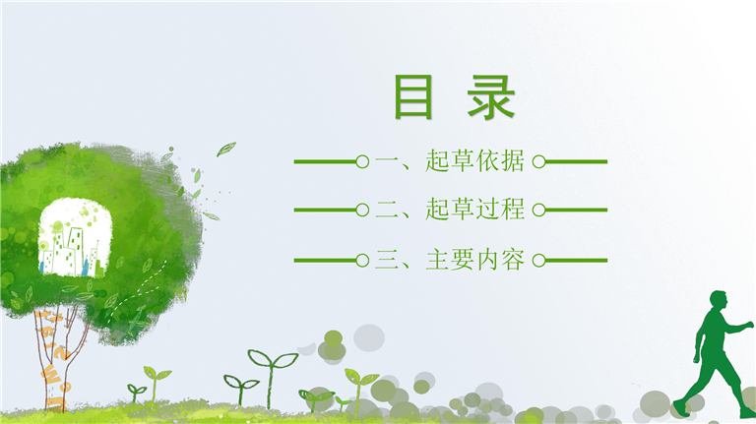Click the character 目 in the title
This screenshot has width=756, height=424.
(413, 96)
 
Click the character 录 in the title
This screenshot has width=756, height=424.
(491, 96)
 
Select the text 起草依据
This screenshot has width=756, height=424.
(474, 161)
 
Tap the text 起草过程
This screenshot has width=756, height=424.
(474, 210)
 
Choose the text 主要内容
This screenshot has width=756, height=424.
(474, 260)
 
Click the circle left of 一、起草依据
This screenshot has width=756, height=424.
(362, 162)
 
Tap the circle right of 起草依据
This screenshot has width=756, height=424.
(539, 162)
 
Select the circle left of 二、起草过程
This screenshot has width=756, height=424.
(362, 211)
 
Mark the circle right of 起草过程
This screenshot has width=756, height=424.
(539, 211)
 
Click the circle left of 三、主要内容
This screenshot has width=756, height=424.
(362, 261)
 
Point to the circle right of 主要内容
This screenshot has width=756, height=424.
(539, 261)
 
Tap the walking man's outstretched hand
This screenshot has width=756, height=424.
(749, 326)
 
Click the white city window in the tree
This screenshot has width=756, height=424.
(75, 237)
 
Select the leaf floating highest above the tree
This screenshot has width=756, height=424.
(226, 149)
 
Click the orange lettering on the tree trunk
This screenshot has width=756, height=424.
(54, 356)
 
